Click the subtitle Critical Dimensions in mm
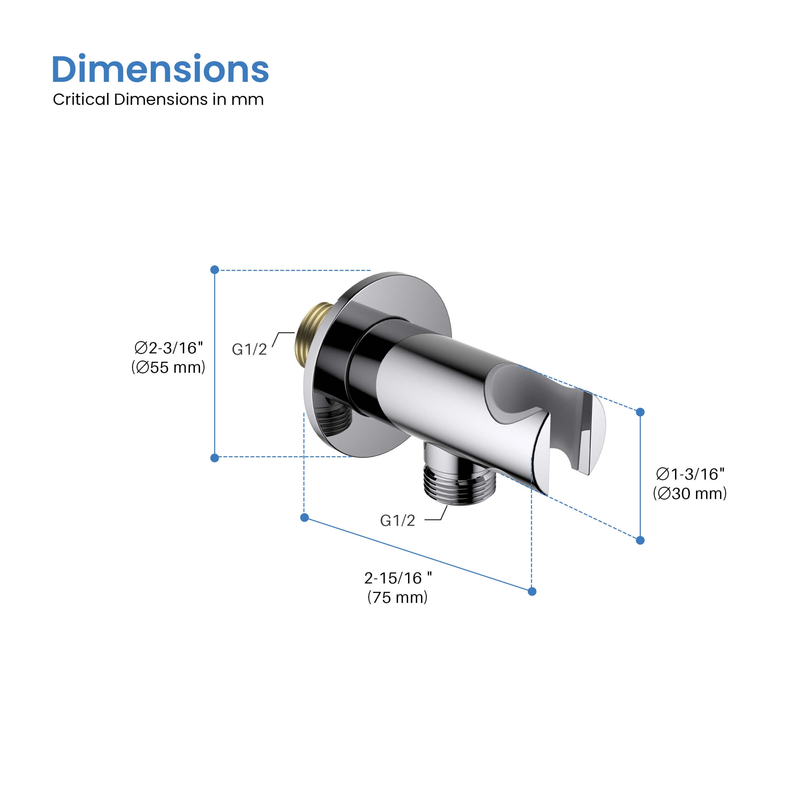point(158,100)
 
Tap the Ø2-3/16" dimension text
point(168,348)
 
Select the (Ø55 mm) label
point(168,368)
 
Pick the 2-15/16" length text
point(398,578)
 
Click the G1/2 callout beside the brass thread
point(249,349)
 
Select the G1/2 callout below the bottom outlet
point(397,520)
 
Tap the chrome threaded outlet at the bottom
point(460,485)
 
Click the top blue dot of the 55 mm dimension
point(215,270)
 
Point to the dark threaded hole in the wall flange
point(333,417)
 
